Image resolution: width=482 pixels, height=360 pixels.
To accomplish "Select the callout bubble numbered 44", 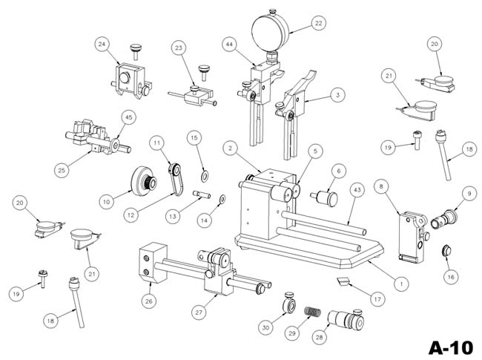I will pyautogui.click(x=229, y=45).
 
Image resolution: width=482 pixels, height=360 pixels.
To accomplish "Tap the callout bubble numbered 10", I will pyautogui.click(x=105, y=200).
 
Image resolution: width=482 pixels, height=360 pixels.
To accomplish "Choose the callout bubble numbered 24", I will pyautogui.click(x=102, y=45).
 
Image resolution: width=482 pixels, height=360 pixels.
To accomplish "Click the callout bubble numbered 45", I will pyautogui.click(x=128, y=117).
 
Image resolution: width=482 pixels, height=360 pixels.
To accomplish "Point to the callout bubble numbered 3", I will pyautogui.click(x=338, y=95).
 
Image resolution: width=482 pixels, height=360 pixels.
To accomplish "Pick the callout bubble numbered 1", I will pyautogui.click(x=400, y=283).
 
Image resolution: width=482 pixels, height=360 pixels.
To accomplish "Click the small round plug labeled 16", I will pyautogui.click(x=448, y=249).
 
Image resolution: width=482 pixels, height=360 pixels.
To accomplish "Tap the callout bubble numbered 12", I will pyautogui.click(x=132, y=215).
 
